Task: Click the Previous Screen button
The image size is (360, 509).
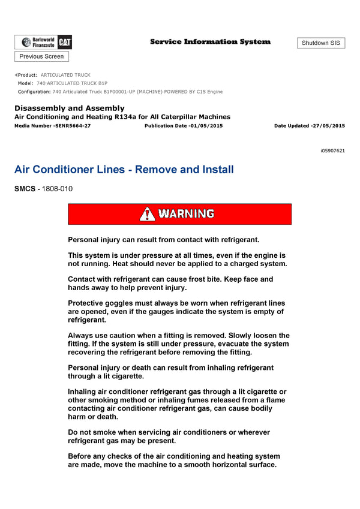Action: point(41,56)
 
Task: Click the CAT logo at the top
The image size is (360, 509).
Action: point(65,42)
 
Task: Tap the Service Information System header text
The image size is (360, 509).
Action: point(210,42)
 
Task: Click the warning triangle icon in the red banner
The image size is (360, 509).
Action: point(147,214)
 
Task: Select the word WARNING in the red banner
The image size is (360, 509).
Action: point(186,214)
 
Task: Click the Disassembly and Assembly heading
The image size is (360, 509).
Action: point(70,108)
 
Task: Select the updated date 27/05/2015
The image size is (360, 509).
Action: point(328,126)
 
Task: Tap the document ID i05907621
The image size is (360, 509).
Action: point(332,150)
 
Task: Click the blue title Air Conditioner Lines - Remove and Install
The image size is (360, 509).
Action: point(124,170)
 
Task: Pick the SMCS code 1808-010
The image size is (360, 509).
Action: point(58,189)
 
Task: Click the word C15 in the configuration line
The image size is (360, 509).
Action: point(202,92)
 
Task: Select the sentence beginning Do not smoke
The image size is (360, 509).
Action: point(169,436)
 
